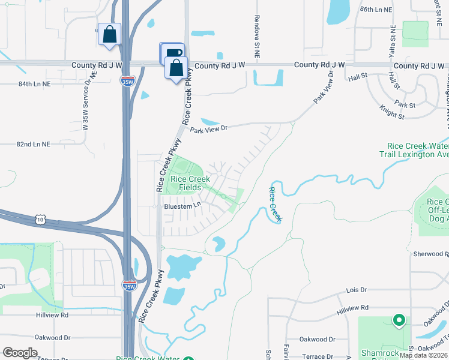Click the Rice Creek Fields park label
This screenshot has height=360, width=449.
(190, 183)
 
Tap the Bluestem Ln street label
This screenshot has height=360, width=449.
(182, 206)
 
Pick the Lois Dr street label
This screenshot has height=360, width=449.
(357, 290)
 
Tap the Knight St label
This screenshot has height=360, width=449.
(393, 112)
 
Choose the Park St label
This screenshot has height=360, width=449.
(405, 105)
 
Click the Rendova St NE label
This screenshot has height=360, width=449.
(257, 36)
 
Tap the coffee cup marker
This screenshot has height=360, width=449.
(173, 53)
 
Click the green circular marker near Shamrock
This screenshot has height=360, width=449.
(398, 320)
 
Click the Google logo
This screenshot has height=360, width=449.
(20, 353)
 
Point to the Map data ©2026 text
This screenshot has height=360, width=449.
(423, 355)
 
